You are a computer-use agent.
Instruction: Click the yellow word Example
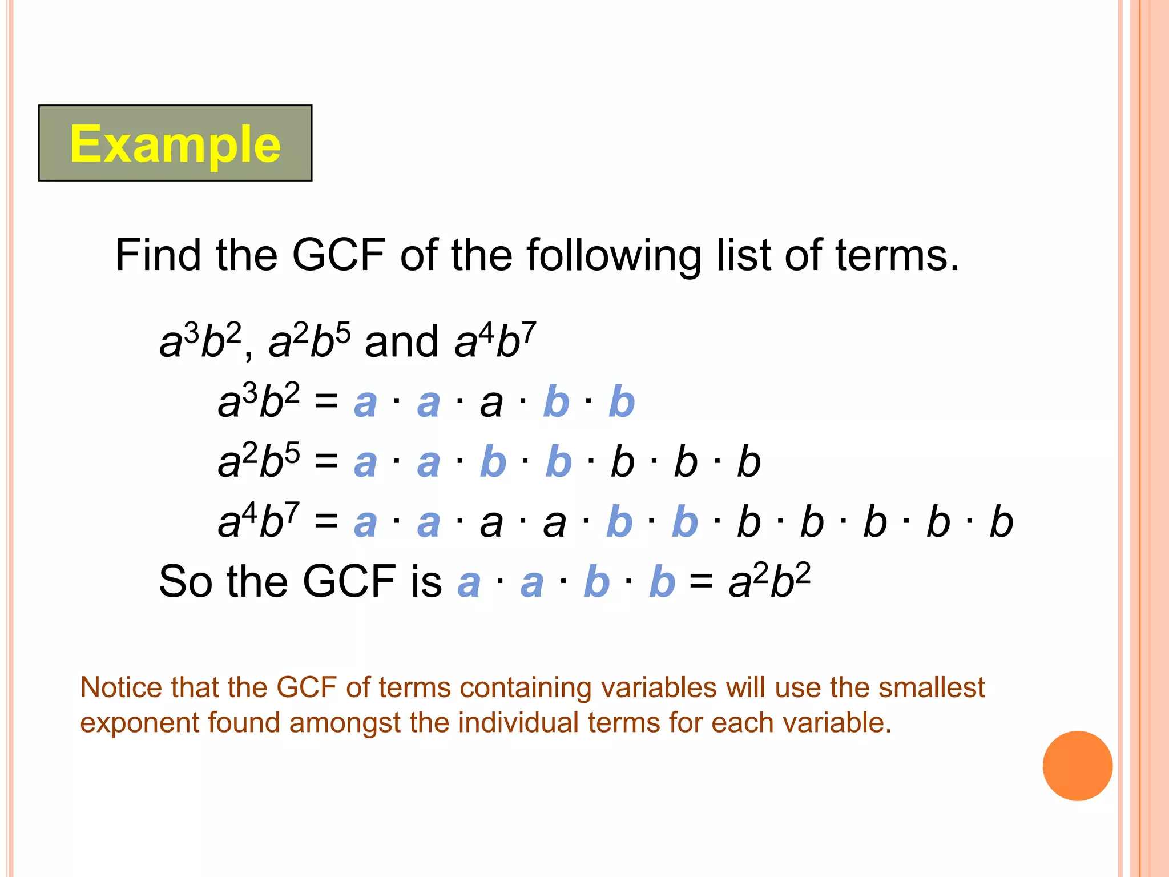(175, 144)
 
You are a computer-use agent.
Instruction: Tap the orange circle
(1077, 766)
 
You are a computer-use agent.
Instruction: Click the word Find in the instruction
(158, 255)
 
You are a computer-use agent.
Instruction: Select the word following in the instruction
(614, 255)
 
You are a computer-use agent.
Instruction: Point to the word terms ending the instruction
(897, 255)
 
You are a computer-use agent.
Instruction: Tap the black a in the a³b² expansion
(491, 403)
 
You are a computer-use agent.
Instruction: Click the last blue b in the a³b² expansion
(622, 401)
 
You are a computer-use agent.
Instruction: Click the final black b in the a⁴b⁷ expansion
(1001, 522)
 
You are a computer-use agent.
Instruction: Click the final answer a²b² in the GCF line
(769, 582)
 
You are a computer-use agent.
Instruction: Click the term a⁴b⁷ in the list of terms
(495, 341)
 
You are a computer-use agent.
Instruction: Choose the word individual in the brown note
(518, 723)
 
